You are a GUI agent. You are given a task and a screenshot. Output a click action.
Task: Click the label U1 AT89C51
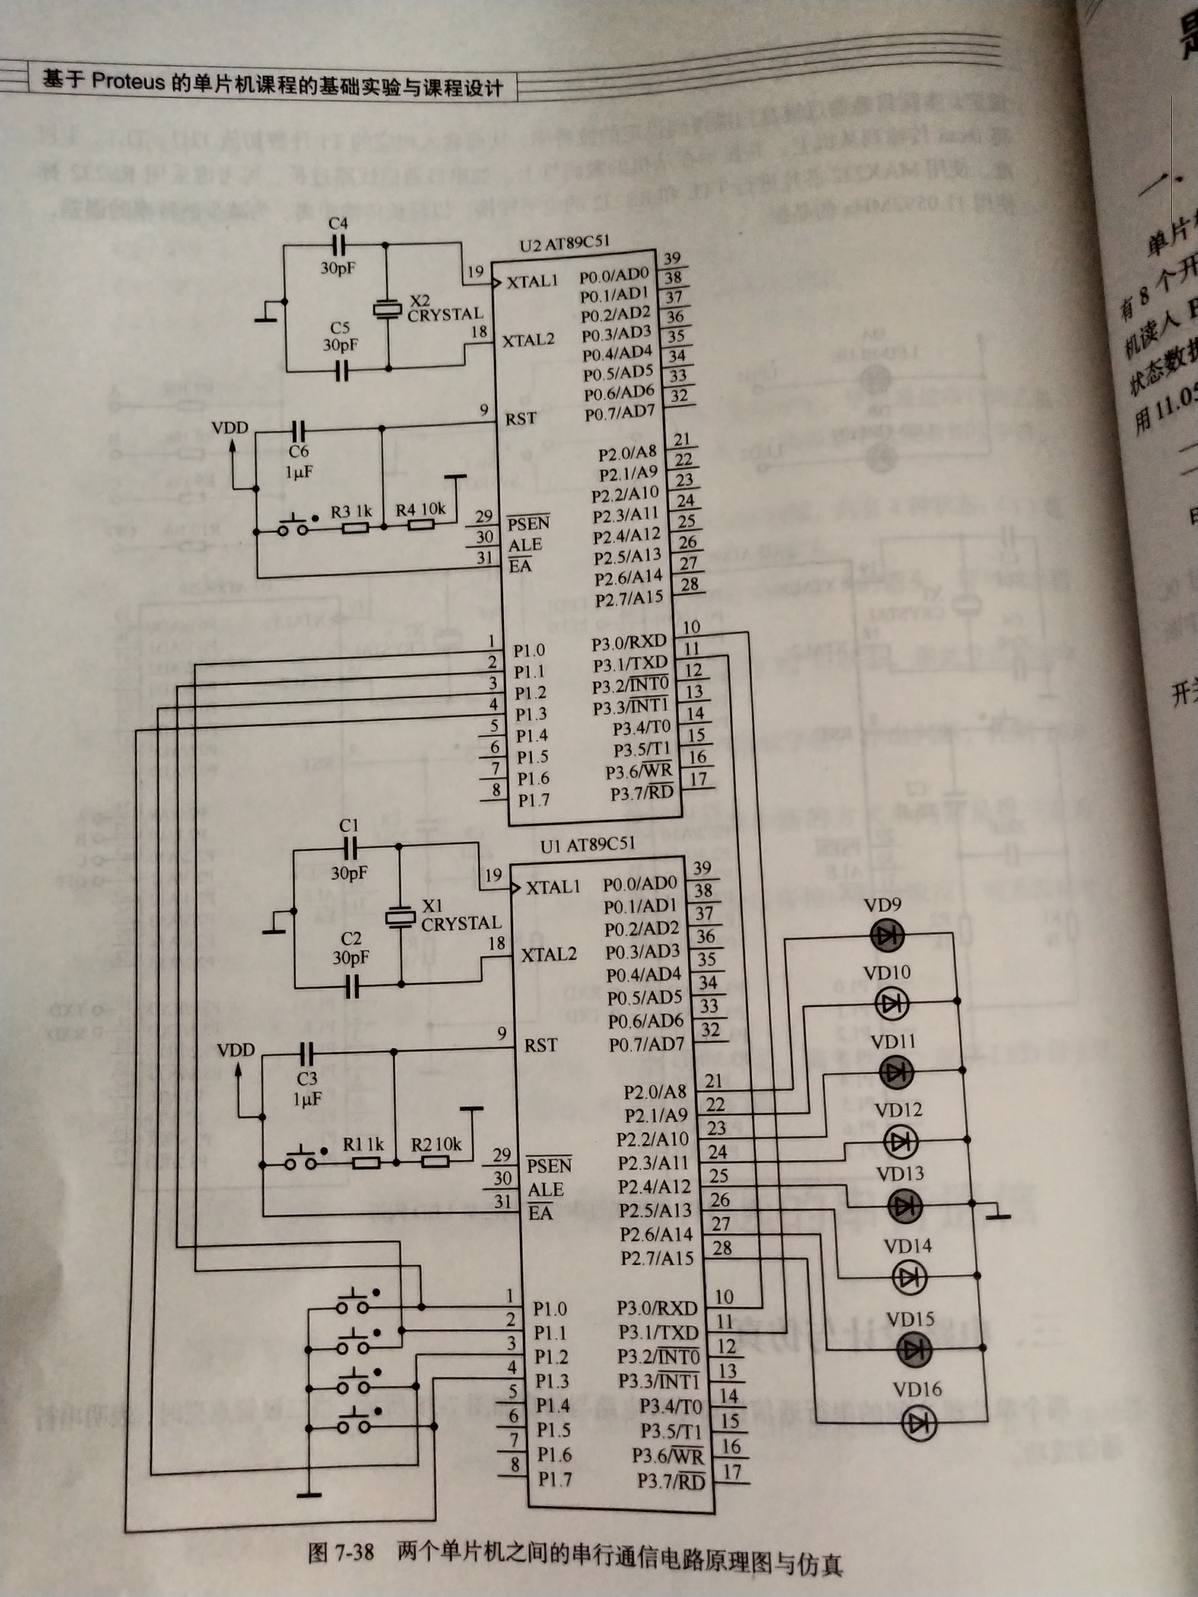coord(588,845)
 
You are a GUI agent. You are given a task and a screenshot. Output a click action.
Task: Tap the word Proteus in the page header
coord(128,81)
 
